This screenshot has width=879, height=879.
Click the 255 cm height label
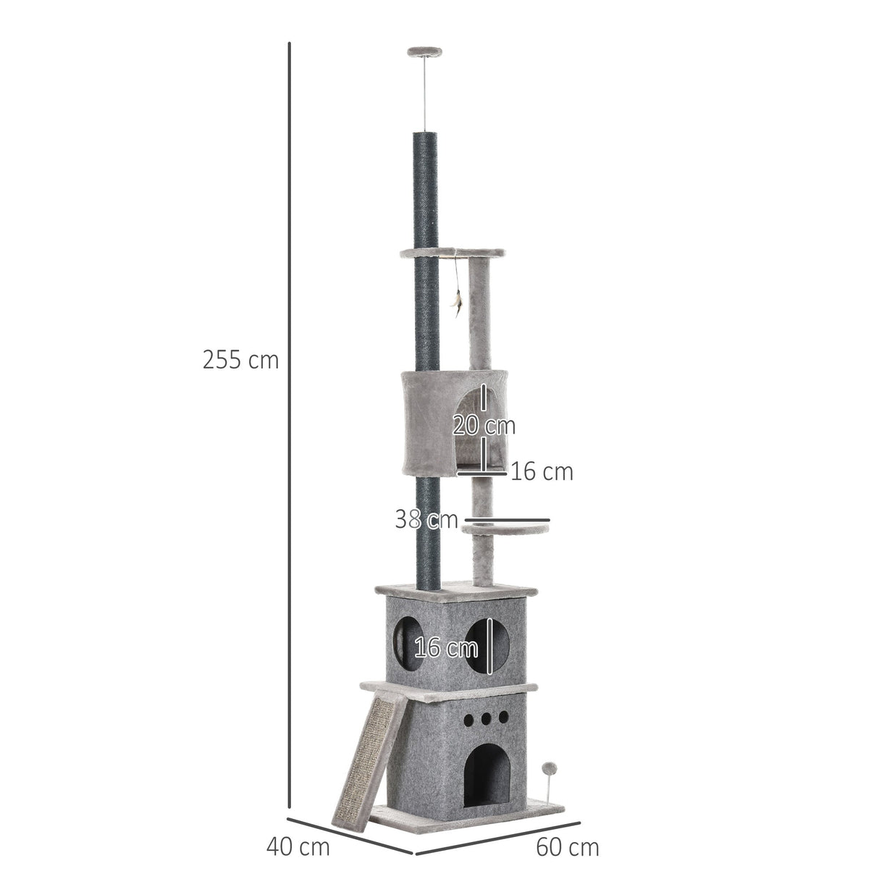pyautogui.click(x=240, y=360)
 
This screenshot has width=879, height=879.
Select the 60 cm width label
pyautogui.click(x=568, y=846)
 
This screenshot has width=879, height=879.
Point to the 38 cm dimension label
pyautogui.click(x=426, y=519)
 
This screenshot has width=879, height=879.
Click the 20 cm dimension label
pyautogui.click(x=484, y=425)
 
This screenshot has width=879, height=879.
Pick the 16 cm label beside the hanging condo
pyautogui.click(x=542, y=472)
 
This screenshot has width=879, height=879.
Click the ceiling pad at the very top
pyautogui.click(x=424, y=51)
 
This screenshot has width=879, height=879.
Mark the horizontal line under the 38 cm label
pyautogui.click(x=507, y=520)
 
